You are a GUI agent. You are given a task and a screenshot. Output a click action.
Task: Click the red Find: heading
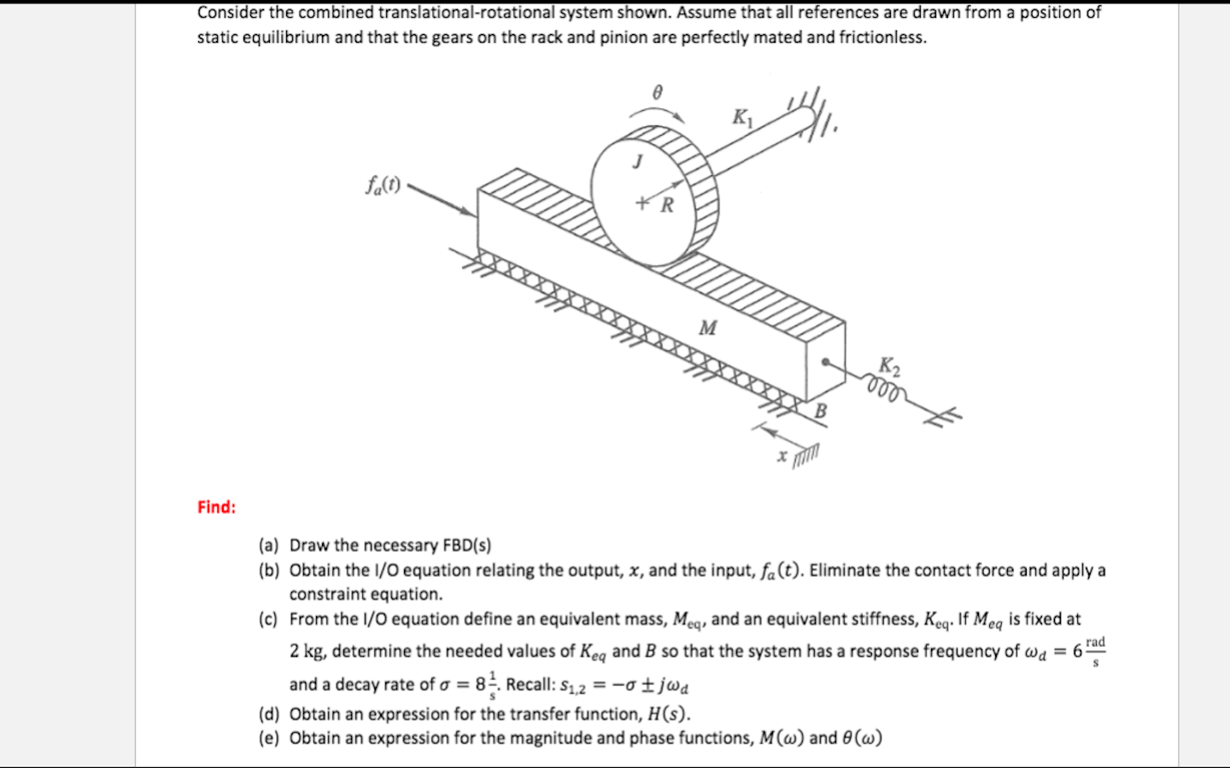tap(216, 507)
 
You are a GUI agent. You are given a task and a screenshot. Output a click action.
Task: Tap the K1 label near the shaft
tap(742, 118)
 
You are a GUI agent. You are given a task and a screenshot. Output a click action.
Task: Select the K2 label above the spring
tap(889, 367)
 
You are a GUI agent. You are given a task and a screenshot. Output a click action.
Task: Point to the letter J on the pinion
tap(636, 161)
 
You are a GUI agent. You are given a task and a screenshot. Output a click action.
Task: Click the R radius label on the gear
tap(667, 205)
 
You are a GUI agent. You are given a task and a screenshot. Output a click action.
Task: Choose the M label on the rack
tap(708, 328)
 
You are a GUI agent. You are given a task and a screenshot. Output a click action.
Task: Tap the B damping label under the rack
tap(820, 410)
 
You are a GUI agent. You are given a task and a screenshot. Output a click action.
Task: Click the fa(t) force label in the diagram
tap(383, 184)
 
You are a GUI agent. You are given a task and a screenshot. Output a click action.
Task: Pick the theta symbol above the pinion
tap(657, 92)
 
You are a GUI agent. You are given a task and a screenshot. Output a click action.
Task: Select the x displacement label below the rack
tap(782, 456)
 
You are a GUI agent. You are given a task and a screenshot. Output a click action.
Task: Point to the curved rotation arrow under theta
tap(657, 114)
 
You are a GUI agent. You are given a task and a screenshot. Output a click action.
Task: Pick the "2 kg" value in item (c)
tap(307, 651)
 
